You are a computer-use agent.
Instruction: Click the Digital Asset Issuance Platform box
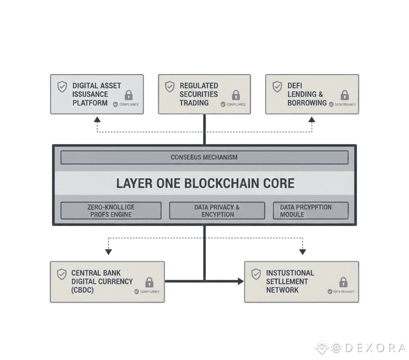(97, 94)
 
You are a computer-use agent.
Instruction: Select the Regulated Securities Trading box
(204, 94)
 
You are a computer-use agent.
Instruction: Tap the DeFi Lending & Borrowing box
(312, 94)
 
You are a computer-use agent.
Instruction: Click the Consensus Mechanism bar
(204, 158)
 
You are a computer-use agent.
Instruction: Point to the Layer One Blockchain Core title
(204, 184)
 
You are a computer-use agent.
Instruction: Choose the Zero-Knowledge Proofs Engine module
(111, 211)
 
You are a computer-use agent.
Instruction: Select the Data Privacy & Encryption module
(217, 211)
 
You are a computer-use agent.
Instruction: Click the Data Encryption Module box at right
(310, 211)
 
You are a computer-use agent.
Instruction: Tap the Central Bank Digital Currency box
(107, 281)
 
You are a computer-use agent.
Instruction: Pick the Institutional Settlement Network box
(301, 281)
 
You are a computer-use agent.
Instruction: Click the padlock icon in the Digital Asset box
(128, 95)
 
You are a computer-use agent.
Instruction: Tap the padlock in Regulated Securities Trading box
(236, 95)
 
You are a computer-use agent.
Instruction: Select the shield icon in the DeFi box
(278, 87)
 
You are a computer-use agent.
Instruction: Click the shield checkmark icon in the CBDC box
(62, 274)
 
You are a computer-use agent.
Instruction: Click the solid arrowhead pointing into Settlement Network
(241, 281)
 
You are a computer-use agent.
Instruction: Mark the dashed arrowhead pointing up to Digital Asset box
(97, 120)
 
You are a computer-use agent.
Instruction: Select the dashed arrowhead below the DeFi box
(312, 120)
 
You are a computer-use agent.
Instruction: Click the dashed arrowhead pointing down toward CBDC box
(108, 252)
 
